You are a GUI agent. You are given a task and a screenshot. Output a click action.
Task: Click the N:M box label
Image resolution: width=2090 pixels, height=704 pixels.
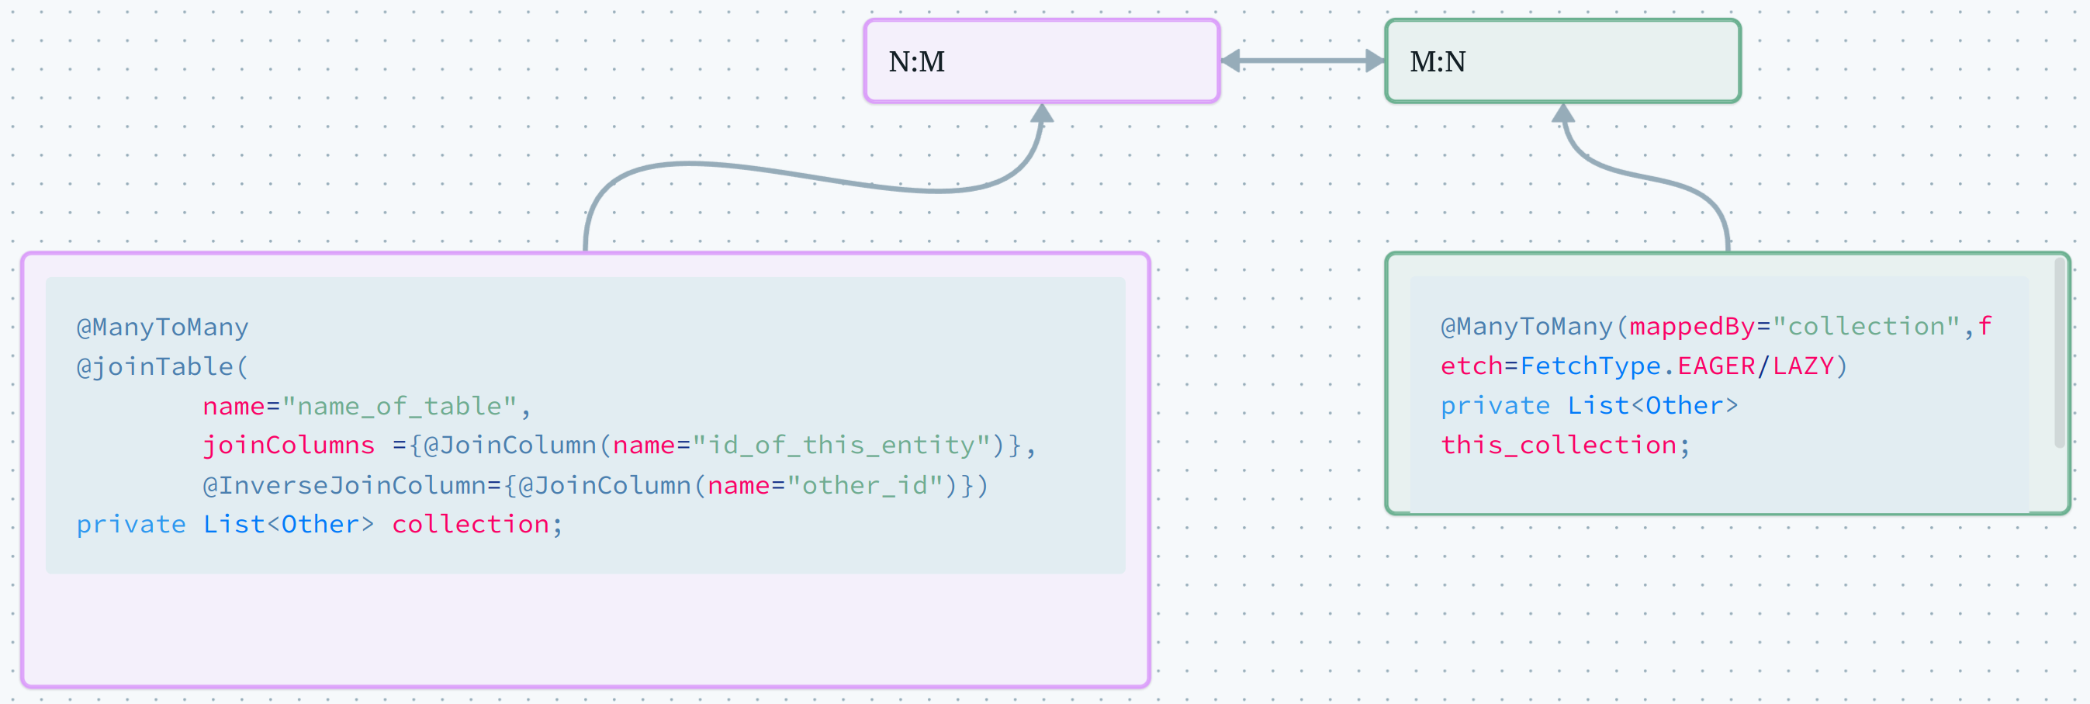[x=916, y=62]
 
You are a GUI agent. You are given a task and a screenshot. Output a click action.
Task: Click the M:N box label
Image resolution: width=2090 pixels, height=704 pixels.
[x=1437, y=62]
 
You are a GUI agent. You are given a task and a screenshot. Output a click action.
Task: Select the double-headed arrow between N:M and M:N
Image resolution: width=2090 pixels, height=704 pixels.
[x=1303, y=60]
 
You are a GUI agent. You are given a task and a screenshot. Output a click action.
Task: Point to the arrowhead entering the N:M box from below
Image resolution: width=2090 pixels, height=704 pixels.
[x=1042, y=113]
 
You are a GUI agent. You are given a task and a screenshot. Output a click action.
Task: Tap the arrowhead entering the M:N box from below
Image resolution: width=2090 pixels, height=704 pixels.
[x=1562, y=113]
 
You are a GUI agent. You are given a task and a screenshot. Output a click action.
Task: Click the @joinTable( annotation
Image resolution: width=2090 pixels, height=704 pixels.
[x=161, y=366]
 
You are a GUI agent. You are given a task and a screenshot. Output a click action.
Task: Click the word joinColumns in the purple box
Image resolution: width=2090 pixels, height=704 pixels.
[x=288, y=445]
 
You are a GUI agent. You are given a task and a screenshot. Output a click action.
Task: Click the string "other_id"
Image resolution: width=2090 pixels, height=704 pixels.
[x=865, y=485]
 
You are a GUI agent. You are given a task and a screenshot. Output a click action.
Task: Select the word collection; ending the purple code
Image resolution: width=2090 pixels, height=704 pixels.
[x=476, y=525]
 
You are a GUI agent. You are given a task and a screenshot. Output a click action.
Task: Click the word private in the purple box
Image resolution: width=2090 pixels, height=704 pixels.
[x=130, y=525]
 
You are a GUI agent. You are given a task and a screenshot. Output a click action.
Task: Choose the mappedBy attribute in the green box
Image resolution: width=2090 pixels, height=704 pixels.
[x=1692, y=327]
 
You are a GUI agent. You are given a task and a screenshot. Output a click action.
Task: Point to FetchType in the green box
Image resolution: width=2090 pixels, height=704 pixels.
[x=1590, y=366]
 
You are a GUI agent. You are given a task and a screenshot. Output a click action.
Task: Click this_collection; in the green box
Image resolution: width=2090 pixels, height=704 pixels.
[x=1565, y=445]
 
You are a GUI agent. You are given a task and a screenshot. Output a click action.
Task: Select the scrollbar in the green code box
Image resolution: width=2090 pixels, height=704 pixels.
[x=2059, y=353]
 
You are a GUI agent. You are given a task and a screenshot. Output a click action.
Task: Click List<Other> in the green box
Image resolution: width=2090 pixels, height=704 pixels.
[x=1652, y=405]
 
